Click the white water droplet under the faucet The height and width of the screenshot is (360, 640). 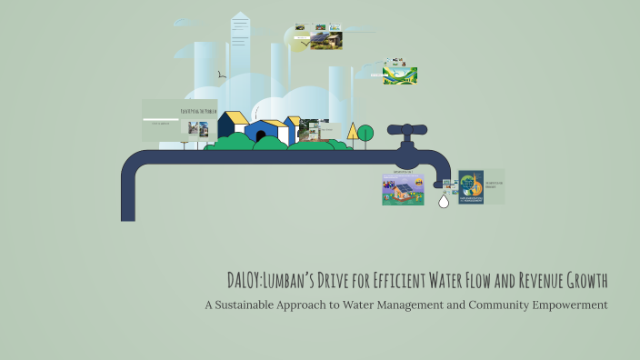pyautogui.click(x=444, y=201)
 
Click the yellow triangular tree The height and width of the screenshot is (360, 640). pyautogui.click(x=352, y=131)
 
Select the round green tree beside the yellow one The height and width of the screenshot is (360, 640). pyautogui.click(x=365, y=134)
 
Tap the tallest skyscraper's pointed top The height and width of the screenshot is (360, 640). pyautogui.click(x=240, y=15)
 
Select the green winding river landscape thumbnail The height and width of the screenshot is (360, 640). pyautogui.click(x=400, y=75)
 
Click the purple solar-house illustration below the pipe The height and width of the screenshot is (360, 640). pyautogui.click(x=403, y=189)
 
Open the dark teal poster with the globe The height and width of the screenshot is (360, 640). pyautogui.click(x=470, y=186)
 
